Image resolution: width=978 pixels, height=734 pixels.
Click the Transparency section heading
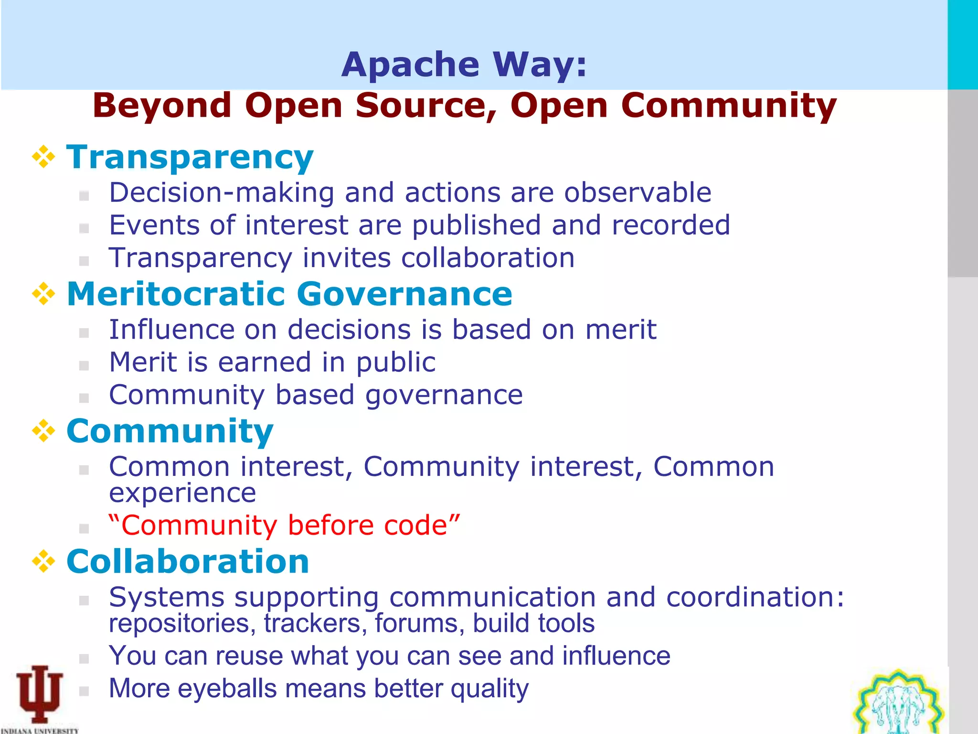click(190, 157)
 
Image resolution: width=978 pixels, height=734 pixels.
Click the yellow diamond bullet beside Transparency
click(43, 157)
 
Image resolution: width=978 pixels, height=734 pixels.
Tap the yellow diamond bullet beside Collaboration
click(43, 561)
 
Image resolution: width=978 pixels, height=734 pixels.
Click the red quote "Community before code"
click(284, 525)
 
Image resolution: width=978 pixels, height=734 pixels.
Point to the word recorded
click(670, 225)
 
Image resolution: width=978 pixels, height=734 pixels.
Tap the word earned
click(264, 362)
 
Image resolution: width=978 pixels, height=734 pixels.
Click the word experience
click(182, 493)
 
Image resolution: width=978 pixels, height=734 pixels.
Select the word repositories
click(179, 624)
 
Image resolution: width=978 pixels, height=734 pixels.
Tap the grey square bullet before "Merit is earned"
click(84, 366)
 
